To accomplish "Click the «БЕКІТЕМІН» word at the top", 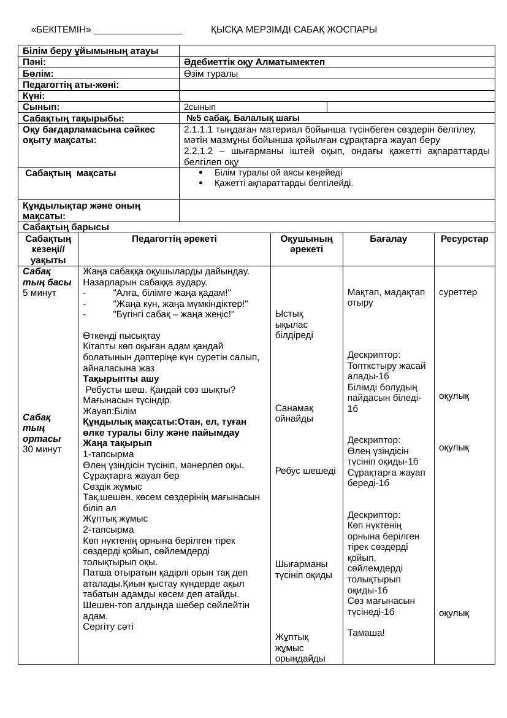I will pos(61,29).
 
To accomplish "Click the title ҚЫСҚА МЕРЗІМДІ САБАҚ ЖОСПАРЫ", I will pos(294,29).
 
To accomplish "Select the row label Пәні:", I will pos(34,62).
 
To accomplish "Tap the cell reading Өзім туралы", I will pos(211,74).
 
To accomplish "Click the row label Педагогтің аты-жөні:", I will pos(71,85).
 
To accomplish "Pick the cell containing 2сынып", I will pos(200,107).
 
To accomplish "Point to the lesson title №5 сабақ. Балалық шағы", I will pos(243,118).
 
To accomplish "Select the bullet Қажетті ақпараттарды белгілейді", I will pos(283,183).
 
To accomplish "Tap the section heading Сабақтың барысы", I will pos(66,227).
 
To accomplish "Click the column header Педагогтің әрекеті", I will pos(174,239).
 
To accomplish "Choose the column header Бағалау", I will pos(388,239).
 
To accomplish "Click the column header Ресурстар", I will pos(464,239).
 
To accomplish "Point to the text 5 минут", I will pos(39,293).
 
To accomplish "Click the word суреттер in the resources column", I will pos(458,292).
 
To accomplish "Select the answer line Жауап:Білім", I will pos(110,411).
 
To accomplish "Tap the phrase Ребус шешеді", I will pos(305,471).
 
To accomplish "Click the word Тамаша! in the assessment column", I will pos(366,633).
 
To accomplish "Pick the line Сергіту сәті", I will pos(108,627).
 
